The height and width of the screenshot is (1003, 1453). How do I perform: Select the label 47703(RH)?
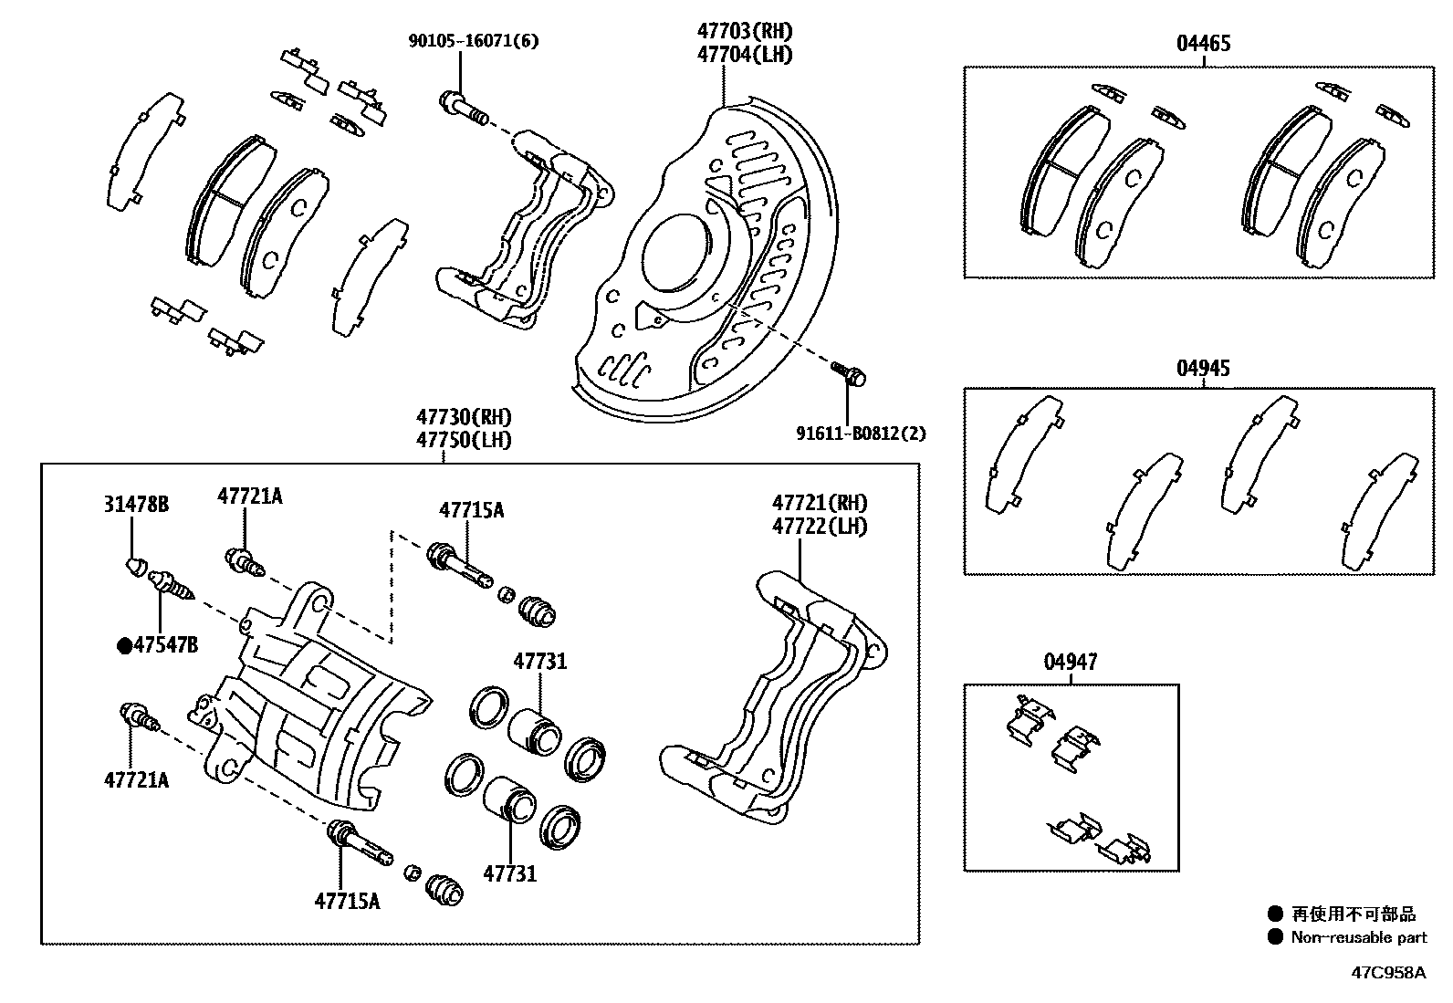[x=745, y=31]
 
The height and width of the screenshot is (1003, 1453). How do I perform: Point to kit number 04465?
[x=1203, y=43]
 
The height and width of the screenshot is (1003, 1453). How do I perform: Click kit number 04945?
[x=1203, y=368]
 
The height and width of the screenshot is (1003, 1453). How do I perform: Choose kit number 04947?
[x=1071, y=662]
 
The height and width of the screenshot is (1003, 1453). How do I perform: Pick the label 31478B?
[x=135, y=504]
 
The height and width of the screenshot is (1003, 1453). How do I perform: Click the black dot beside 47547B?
[x=124, y=646]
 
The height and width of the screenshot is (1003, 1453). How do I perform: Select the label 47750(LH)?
[x=464, y=439]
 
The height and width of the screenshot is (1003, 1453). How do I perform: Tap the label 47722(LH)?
[x=819, y=527]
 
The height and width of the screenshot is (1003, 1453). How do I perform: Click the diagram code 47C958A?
[x=1387, y=972]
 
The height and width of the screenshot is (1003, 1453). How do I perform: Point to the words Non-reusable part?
[x=1358, y=937]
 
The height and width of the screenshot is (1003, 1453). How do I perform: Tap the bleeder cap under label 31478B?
[x=134, y=567]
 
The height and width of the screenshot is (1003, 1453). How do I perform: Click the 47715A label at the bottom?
[x=347, y=901]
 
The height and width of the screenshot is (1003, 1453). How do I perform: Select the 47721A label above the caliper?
[x=249, y=496]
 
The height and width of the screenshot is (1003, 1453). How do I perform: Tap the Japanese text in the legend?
[x=1354, y=914]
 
